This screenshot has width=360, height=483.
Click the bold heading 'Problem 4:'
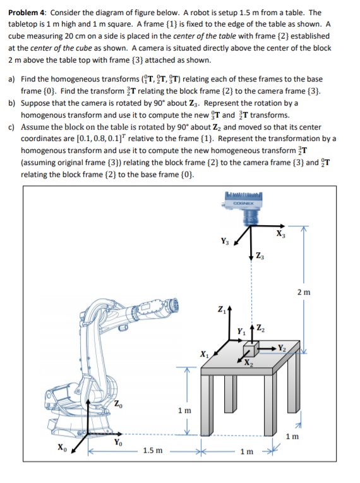[27, 12]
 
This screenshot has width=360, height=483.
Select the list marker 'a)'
[11, 80]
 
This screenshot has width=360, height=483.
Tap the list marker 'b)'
[11, 103]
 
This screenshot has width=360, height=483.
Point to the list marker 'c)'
[11, 126]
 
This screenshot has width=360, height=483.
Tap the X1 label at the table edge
[203, 353]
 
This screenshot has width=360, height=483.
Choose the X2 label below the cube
[248, 362]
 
